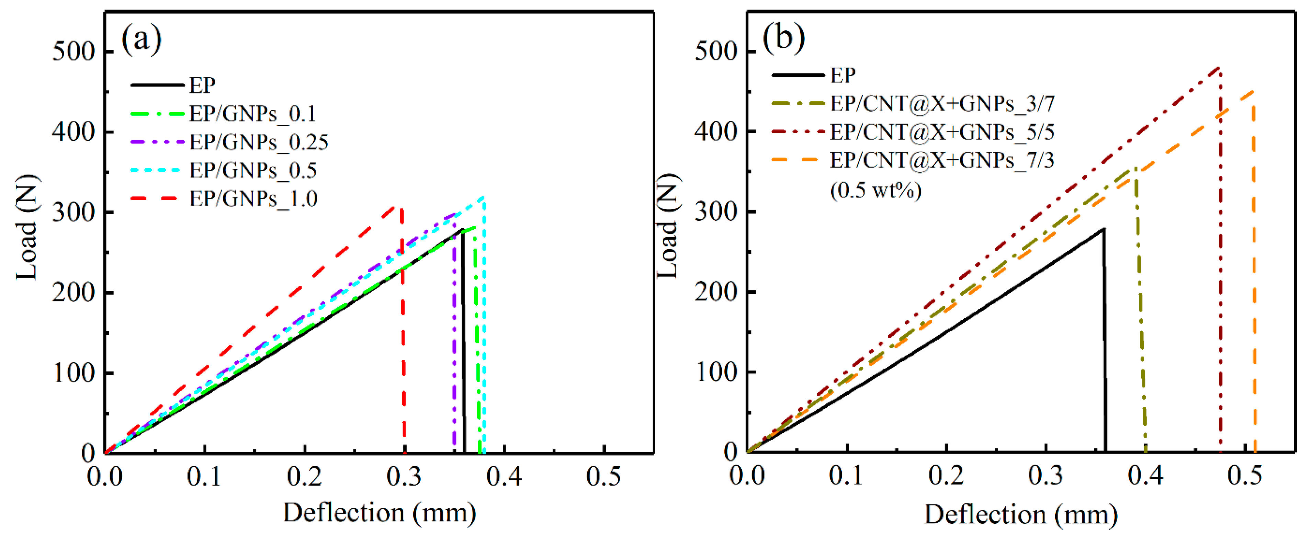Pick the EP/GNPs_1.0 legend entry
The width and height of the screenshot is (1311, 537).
(253, 199)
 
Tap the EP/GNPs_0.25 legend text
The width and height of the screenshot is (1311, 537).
(259, 142)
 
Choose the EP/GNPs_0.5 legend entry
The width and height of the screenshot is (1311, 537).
(253, 170)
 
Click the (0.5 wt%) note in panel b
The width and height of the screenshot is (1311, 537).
(875, 190)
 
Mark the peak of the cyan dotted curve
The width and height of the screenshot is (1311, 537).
(483, 197)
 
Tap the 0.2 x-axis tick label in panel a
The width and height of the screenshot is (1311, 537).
(304, 477)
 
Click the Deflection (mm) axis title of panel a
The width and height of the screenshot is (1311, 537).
(379, 513)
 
